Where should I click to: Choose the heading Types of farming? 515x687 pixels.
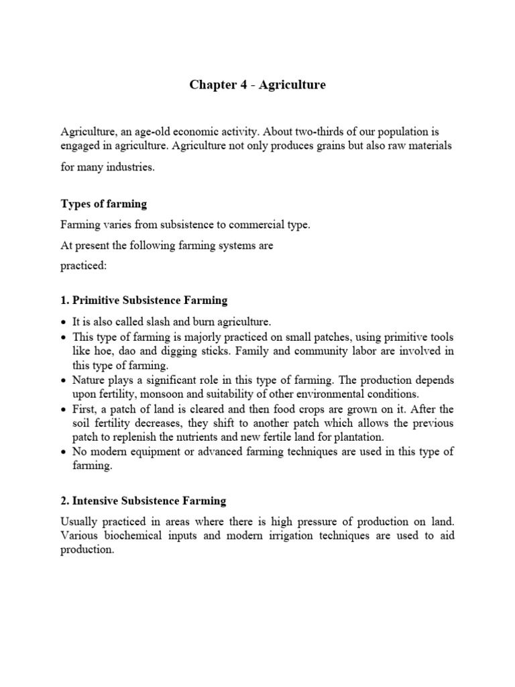[104, 203]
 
